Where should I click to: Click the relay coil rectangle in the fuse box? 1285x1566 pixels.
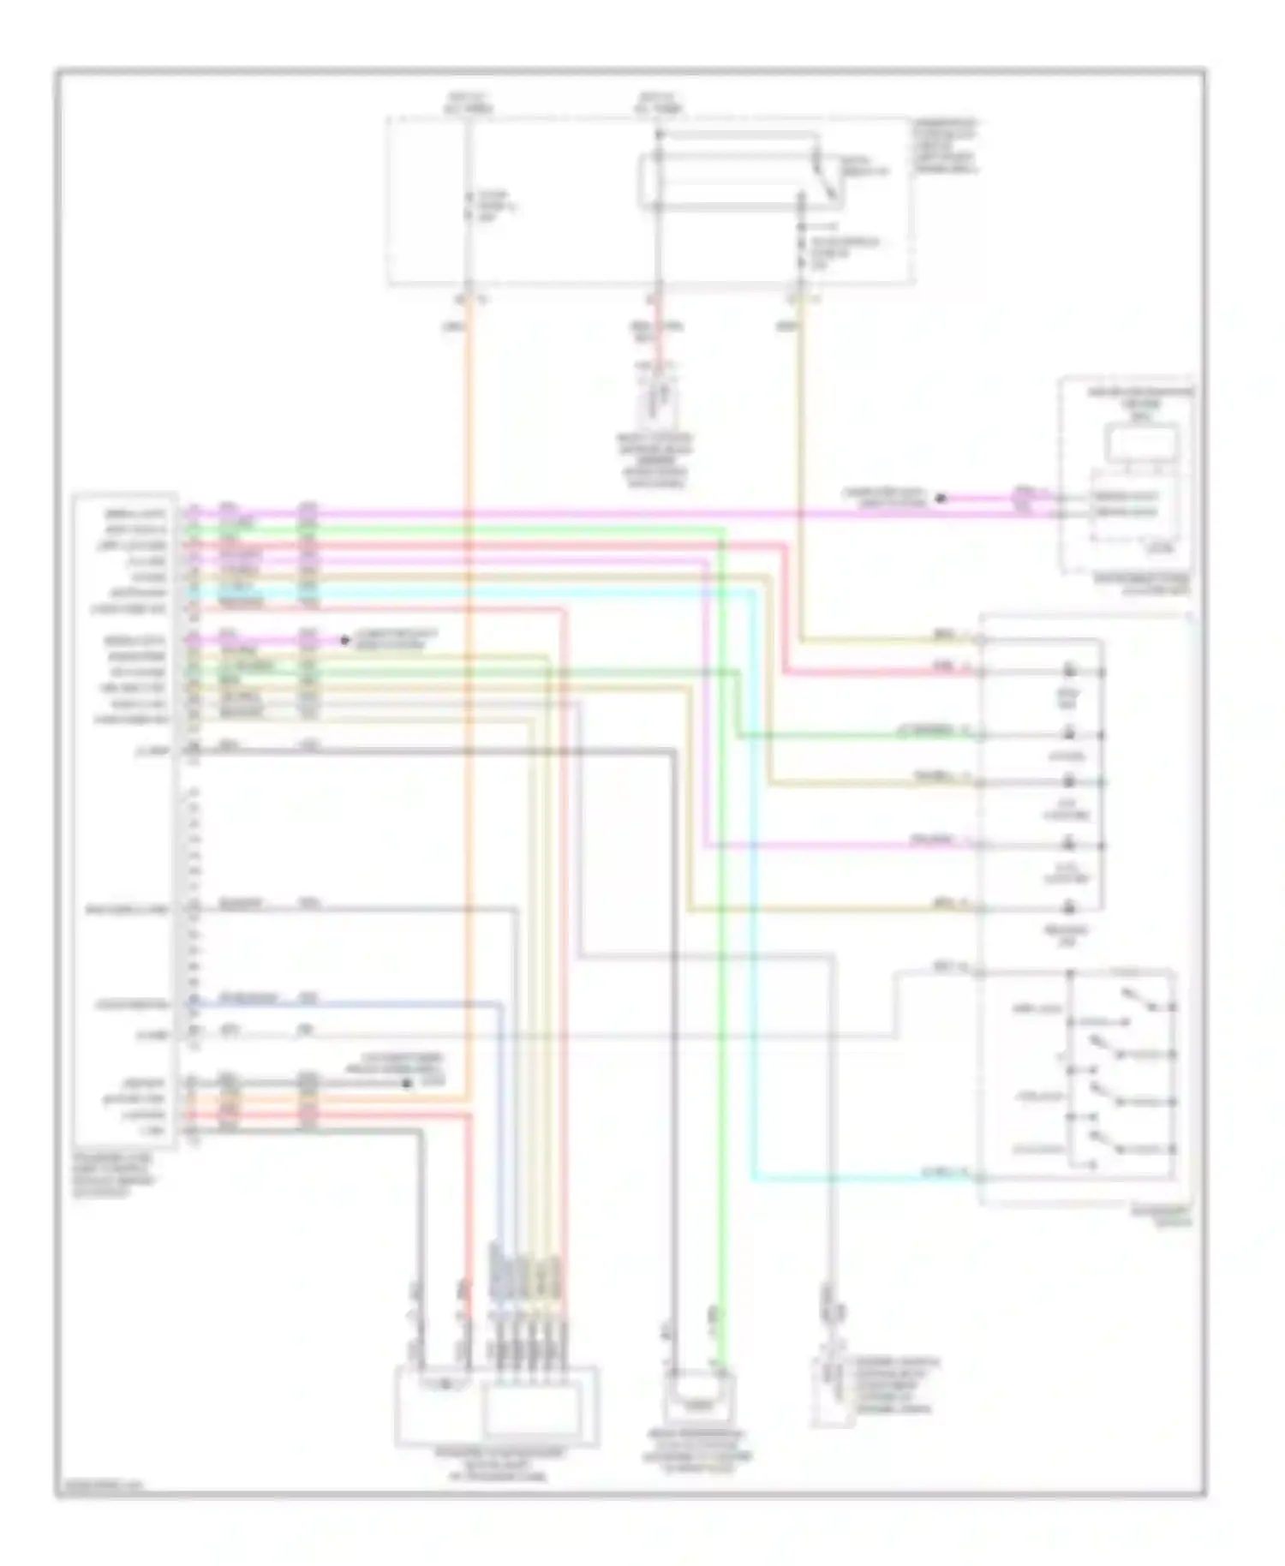728,182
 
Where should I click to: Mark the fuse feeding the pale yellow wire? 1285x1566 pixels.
800,248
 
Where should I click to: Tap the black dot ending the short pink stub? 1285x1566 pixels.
344,640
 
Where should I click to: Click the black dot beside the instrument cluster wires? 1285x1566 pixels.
940,498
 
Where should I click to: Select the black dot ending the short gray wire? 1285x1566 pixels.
408,1083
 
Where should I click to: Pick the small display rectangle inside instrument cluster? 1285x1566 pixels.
1142,444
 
